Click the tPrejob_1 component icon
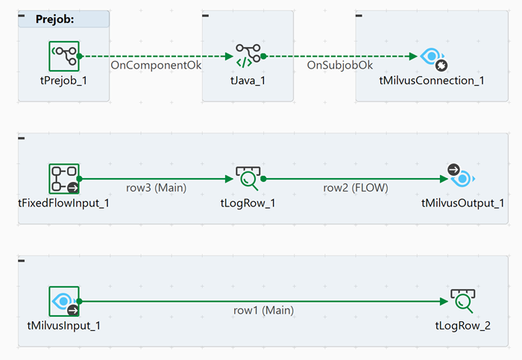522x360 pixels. point(64,56)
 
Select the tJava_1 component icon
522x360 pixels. point(248,56)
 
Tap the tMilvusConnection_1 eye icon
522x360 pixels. point(432,57)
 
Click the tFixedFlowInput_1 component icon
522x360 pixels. point(64,179)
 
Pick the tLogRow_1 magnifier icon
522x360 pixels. point(248,179)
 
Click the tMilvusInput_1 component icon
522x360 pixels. point(64,301)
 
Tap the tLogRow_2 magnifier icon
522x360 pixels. point(462,301)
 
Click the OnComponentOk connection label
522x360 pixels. point(156,66)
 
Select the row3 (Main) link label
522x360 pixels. point(156,188)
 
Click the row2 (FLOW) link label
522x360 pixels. point(355,188)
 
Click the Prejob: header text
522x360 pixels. point(55,19)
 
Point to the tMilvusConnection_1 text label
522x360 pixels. point(432,80)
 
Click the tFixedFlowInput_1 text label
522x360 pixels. point(64,203)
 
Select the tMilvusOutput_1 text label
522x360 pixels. point(462,203)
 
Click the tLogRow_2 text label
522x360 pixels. point(462,325)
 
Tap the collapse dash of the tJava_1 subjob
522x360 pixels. point(207,15)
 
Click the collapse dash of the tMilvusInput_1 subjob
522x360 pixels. point(22,259)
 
